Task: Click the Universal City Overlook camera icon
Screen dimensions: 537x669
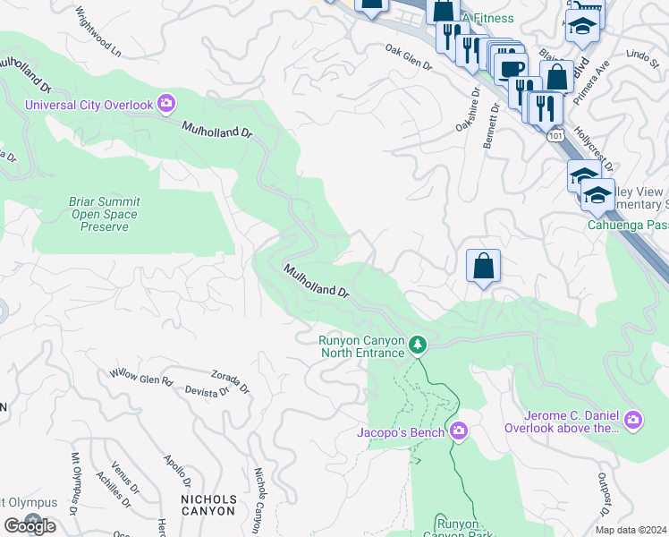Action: pyautogui.click(x=165, y=105)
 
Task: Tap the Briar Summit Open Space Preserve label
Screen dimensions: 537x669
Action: pyautogui.click(x=104, y=215)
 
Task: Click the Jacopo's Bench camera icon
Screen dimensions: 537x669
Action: pyautogui.click(x=459, y=432)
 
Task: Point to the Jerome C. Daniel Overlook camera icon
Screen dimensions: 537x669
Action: pyautogui.click(x=633, y=420)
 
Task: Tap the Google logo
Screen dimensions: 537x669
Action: pyautogui.click(x=30, y=525)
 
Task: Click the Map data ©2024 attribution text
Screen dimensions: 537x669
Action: pyautogui.click(x=631, y=530)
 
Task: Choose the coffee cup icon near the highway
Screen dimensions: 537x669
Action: pyautogui.click(x=512, y=70)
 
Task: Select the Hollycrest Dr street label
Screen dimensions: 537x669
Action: pyautogui.click(x=596, y=148)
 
